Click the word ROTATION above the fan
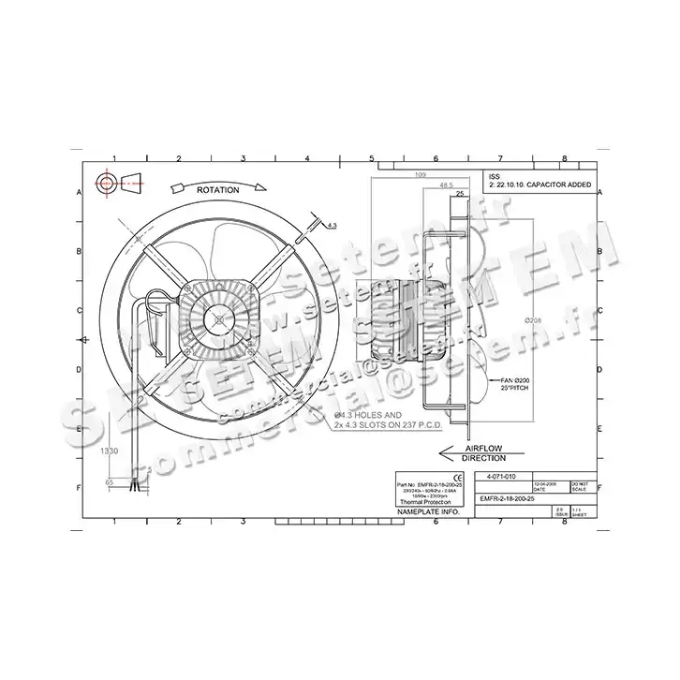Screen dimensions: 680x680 (x=217, y=189)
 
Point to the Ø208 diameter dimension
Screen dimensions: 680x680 (x=533, y=321)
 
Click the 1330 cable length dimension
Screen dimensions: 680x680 (x=110, y=451)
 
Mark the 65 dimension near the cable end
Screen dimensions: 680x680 (x=110, y=482)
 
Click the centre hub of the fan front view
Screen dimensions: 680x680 (x=218, y=318)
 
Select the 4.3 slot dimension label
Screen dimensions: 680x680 (x=333, y=224)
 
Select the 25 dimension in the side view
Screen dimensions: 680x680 (x=460, y=194)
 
